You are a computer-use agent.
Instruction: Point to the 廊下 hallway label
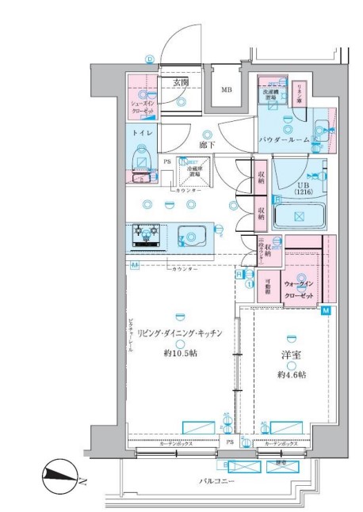click(x=207, y=146)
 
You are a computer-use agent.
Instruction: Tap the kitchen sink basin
click(x=193, y=235)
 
